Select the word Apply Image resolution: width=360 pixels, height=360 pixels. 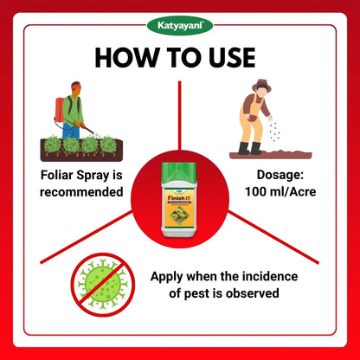170,276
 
